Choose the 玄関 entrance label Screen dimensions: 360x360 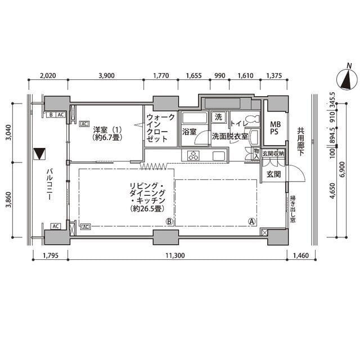[274, 174]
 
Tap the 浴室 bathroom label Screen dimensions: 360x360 [189, 132]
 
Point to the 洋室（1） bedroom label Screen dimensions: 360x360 [108, 128]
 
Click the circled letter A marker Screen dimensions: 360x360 [252, 221]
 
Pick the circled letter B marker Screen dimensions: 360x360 [169, 222]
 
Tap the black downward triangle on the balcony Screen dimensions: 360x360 [39, 153]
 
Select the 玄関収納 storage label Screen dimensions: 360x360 [273, 153]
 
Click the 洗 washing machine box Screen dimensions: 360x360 [218, 118]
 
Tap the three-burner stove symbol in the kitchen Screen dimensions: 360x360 [193, 155]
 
